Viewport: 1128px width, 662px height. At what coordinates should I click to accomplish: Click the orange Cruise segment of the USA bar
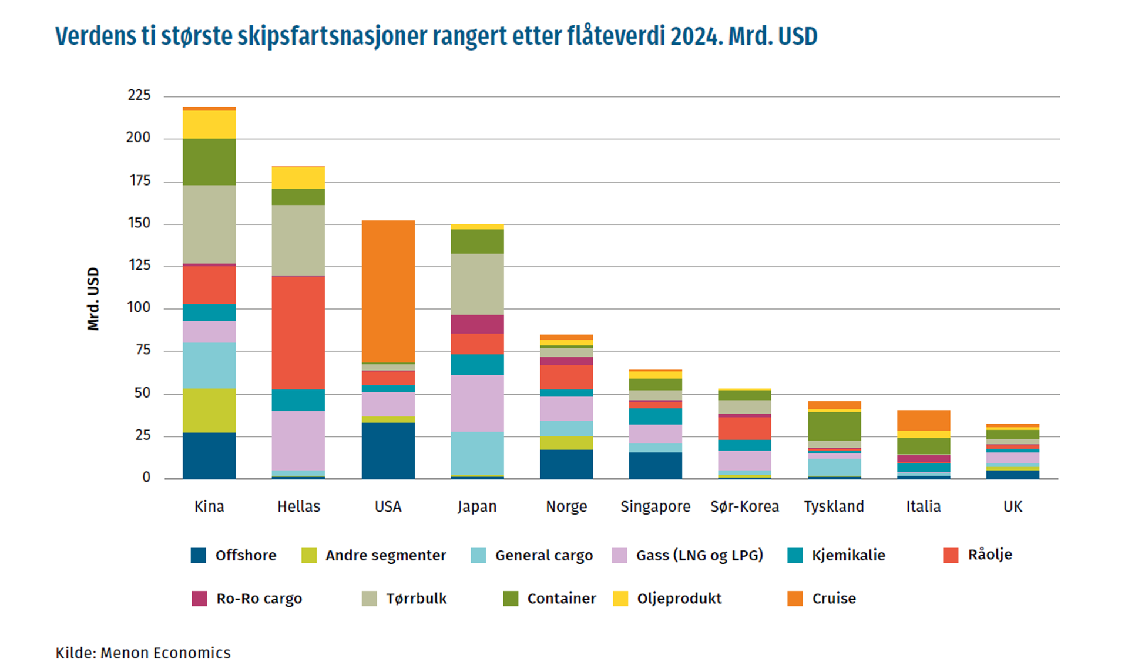[388, 291]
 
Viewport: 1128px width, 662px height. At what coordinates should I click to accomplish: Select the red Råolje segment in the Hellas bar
[298, 332]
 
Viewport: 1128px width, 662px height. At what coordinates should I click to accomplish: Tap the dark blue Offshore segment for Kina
[209, 455]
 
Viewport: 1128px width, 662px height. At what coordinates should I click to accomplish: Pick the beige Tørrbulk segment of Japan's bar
[477, 284]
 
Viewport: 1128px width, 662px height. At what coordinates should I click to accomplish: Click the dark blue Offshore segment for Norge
[566, 464]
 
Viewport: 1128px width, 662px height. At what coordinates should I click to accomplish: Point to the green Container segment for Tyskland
[834, 426]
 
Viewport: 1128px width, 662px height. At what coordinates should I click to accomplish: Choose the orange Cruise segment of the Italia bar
[924, 420]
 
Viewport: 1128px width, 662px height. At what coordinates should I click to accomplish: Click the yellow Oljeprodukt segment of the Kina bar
[209, 125]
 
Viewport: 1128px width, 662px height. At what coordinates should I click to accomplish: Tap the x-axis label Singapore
[656, 506]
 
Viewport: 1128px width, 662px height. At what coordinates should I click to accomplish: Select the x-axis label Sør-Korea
[744, 506]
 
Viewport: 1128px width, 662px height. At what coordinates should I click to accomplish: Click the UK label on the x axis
[1013, 506]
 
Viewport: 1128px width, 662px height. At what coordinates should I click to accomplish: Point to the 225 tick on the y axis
[139, 95]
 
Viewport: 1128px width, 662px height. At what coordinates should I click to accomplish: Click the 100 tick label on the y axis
[139, 308]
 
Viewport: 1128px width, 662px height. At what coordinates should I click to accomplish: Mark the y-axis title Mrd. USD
[93, 299]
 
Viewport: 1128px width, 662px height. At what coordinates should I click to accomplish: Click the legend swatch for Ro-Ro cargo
[199, 599]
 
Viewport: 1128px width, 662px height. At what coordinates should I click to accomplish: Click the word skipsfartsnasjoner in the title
[332, 36]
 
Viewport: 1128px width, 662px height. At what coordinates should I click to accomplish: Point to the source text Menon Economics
[165, 653]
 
